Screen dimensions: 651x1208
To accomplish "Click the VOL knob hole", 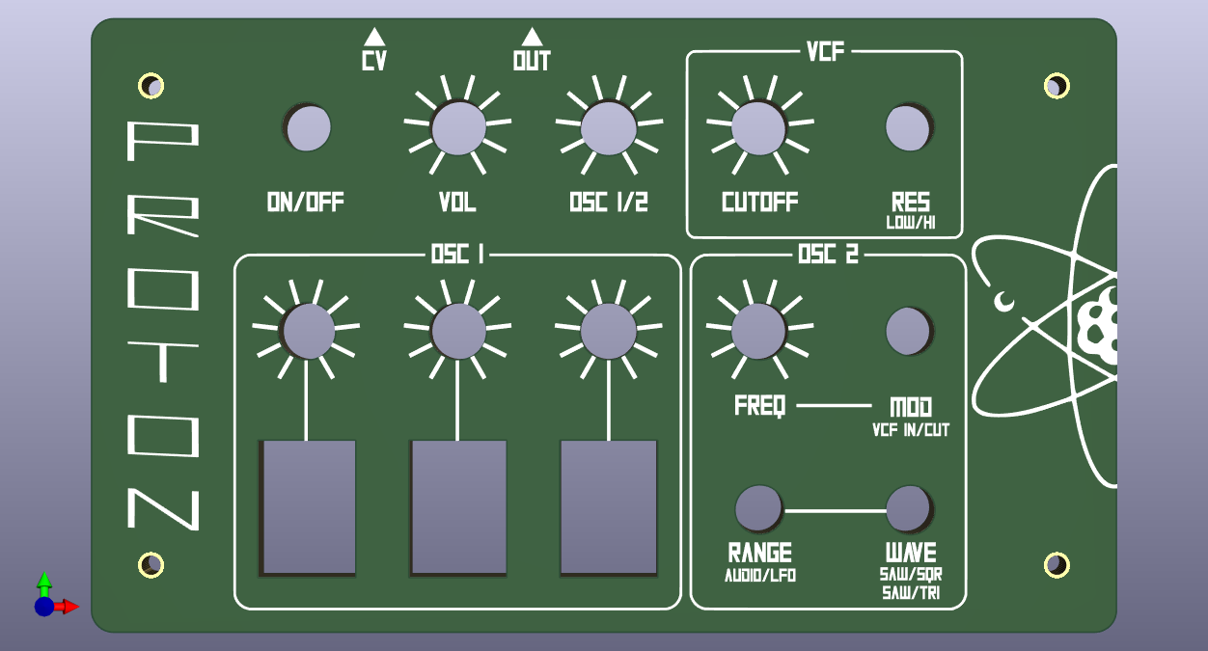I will tap(457, 127).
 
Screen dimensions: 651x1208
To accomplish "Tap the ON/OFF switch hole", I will tap(308, 128).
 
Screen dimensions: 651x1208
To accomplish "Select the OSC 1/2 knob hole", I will tap(609, 127).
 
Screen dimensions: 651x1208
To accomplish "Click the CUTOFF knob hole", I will tap(758, 126).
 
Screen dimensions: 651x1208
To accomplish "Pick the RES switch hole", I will tap(908, 127).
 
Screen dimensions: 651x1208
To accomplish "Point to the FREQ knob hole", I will tap(758, 331).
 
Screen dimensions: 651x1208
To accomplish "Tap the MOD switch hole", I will tap(908, 331).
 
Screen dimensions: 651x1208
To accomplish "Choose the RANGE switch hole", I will tap(758, 508).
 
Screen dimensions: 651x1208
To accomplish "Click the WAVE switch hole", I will tap(908, 508).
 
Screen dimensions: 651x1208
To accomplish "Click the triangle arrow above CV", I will tap(374, 38).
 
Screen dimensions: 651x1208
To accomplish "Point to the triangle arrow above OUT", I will tap(532, 38).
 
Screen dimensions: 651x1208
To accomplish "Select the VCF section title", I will tap(825, 52).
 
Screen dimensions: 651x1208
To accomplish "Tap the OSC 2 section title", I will tap(828, 255).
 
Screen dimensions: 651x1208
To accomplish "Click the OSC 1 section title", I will tap(457, 255).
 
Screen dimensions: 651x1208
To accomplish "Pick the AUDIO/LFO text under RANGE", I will tap(760, 576).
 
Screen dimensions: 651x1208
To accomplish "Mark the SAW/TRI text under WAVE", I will tap(911, 592).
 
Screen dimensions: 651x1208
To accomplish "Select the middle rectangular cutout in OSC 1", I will tap(459, 507).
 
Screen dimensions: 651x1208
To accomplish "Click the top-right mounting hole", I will tap(1057, 86).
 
